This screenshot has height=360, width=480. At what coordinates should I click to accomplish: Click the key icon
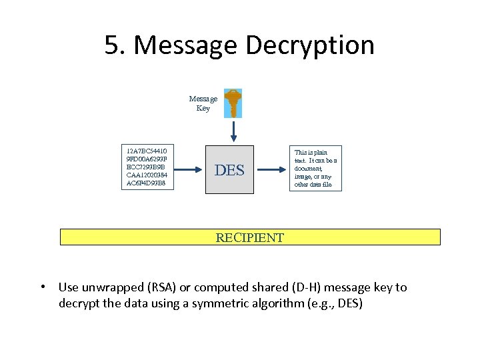pyautogui.click(x=233, y=103)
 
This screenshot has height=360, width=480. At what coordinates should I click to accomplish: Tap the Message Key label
pyautogui.click(x=203, y=103)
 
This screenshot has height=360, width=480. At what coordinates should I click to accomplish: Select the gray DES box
pyautogui.click(x=229, y=170)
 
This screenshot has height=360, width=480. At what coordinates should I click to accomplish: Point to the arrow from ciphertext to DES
pyautogui.click(x=190, y=170)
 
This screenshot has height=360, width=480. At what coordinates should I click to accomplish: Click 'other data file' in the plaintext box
pyautogui.click(x=313, y=184)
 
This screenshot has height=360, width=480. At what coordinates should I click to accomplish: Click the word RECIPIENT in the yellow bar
pyautogui.click(x=250, y=237)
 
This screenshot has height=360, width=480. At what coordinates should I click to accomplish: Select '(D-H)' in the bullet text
pyautogui.click(x=307, y=288)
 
